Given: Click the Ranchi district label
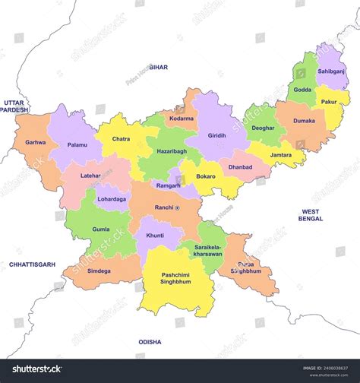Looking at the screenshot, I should (x=163, y=207).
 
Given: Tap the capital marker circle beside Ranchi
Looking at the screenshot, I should (x=178, y=207).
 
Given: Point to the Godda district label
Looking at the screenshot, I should (x=302, y=90).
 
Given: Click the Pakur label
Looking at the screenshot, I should (x=328, y=100).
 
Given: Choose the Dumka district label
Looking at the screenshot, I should (x=304, y=120).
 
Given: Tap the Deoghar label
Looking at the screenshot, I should (x=263, y=128).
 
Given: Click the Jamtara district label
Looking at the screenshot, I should (x=281, y=154).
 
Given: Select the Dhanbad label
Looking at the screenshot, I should (x=240, y=166).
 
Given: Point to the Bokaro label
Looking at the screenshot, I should (x=206, y=176).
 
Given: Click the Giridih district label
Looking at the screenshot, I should (x=217, y=135).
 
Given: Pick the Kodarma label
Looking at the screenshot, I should (x=182, y=119).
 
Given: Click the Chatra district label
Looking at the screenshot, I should (x=121, y=139).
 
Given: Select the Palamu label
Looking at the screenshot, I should (x=77, y=144).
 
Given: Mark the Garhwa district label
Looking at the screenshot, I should (x=35, y=142).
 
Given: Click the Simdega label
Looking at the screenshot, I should (x=99, y=271).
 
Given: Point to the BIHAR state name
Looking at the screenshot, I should (x=159, y=67).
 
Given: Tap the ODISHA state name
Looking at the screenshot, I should (x=150, y=342).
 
